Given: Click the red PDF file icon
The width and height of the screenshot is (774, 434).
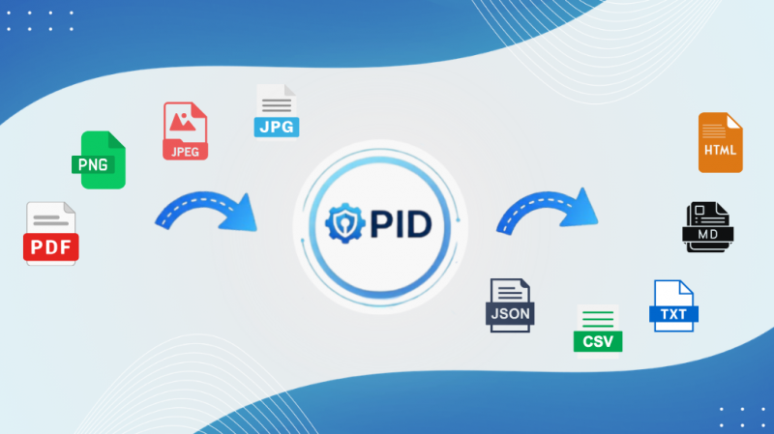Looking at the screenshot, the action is (51, 233).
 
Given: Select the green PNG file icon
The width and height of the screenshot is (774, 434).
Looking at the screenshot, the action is (99, 159).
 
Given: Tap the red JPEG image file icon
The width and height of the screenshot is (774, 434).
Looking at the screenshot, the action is (185, 130).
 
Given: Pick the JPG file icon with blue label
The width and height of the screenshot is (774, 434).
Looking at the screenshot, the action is (277, 111).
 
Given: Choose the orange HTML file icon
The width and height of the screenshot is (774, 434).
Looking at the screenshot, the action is (720, 142).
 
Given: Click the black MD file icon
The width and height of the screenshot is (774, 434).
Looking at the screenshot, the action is (708, 227).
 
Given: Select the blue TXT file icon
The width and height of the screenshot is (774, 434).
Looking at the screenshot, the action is (673, 305).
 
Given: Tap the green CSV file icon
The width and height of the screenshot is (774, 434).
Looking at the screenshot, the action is (598, 329).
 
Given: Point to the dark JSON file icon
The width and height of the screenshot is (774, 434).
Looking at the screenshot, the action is (510, 305).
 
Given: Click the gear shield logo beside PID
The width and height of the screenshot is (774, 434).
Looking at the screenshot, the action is (345, 223).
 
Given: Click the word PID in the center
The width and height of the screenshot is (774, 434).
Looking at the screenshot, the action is (401, 224).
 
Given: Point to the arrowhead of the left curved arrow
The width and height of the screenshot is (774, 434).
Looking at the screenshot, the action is (241, 214).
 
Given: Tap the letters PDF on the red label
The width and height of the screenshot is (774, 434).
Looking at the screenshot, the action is (51, 247).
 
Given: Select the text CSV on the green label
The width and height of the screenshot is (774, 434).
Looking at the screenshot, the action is (598, 341).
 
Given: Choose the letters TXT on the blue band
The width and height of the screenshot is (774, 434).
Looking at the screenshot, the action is (673, 314).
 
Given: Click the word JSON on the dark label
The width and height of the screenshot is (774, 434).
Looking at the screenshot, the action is (510, 314).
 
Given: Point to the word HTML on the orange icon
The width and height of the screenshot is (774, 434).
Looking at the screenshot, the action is (720, 150).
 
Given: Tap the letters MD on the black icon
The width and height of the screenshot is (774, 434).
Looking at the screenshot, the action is (708, 234).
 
